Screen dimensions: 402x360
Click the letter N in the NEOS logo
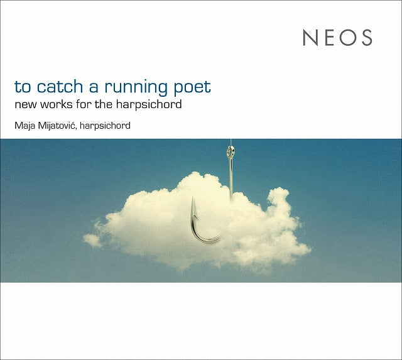click(x=310, y=38)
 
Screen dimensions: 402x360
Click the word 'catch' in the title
click(x=60, y=86)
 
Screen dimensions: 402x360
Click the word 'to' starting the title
click(x=23, y=87)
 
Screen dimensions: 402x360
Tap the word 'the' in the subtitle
click(x=104, y=104)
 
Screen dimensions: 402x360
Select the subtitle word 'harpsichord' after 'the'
click(x=149, y=105)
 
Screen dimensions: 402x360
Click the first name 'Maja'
click(x=24, y=126)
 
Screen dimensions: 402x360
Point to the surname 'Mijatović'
click(x=57, y=126)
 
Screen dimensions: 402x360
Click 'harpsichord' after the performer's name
click(x=105, y=126)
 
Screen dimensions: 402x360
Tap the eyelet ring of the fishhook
click(x=231, y=151)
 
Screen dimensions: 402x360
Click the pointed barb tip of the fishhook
click(x=193, y=198)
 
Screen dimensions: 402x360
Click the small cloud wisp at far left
click(x=93, y=240)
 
